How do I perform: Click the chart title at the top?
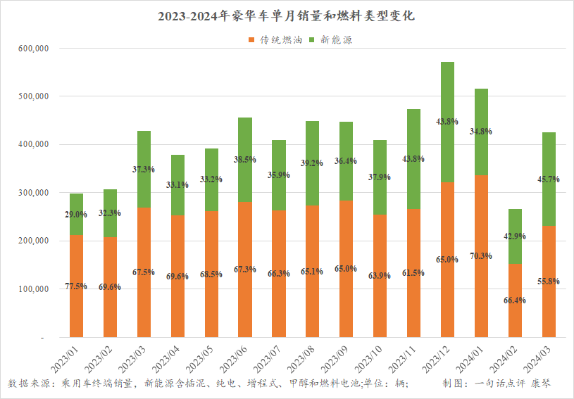[x=287, y=15]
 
